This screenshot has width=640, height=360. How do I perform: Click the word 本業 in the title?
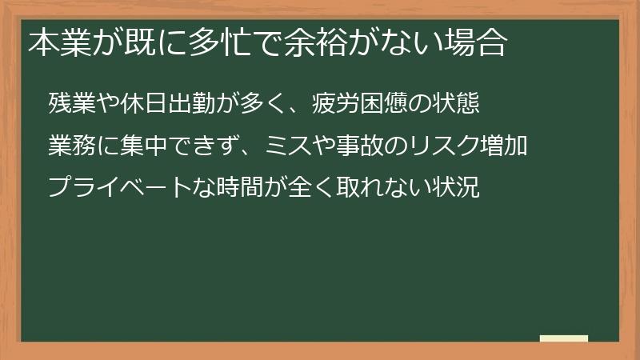54,42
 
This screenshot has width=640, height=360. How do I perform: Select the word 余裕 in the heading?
320,42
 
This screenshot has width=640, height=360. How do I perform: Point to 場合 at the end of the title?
481,42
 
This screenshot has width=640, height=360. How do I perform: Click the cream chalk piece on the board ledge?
564,338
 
